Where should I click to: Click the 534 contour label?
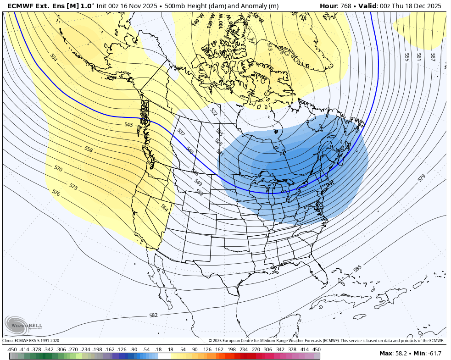(54, 57)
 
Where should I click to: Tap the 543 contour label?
(128, 125)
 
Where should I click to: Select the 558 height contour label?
(89, 149)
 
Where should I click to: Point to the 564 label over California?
(164, 207)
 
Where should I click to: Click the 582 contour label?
(153, 315)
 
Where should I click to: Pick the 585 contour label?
(358, 268)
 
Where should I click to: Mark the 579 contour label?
(421, 178)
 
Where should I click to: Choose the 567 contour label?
(433, 57)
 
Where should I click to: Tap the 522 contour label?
(213, 111)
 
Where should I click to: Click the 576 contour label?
(56, 193)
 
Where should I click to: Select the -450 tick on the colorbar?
(12, 349)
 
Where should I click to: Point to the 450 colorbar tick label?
(317, 349)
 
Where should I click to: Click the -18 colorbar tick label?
(158, 349)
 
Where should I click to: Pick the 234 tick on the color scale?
(244, 349)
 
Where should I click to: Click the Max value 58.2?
(402, 353)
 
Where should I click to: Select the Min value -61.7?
(433, 353)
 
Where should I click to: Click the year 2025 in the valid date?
(432, 6)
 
